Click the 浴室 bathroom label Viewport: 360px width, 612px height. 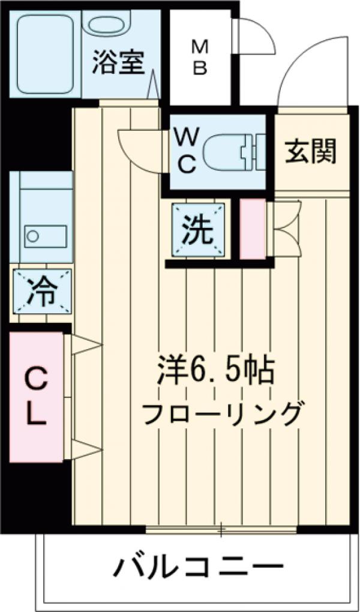119,64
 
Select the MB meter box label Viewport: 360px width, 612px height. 199,57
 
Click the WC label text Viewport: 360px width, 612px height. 185,151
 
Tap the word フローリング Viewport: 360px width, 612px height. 221,413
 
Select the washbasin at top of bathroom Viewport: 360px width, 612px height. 108,25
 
